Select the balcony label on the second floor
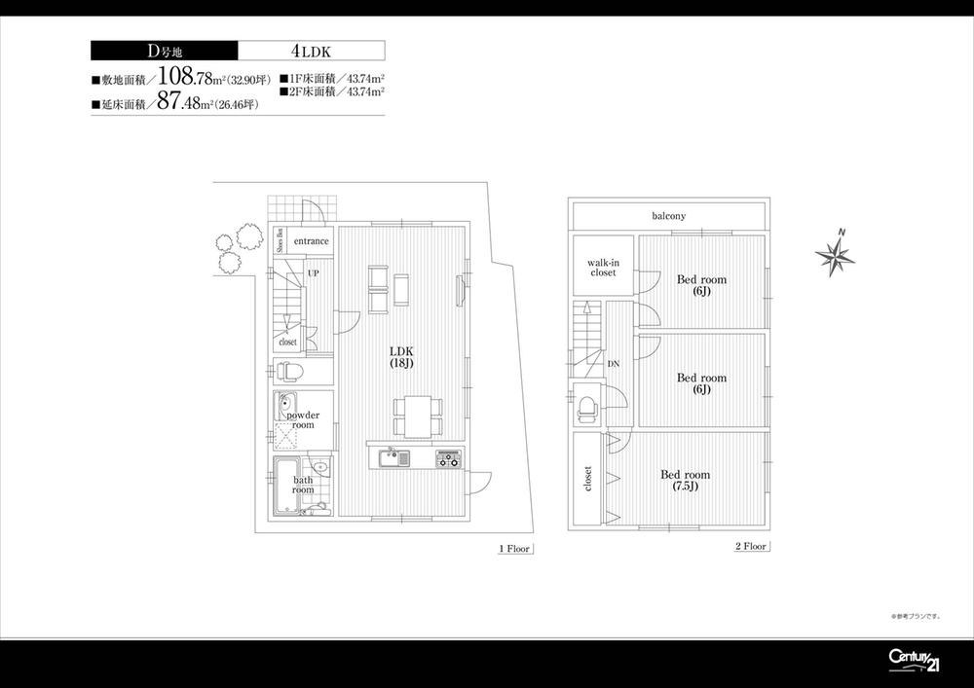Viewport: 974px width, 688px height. (669, 215)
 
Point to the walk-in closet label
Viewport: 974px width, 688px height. (602, 268)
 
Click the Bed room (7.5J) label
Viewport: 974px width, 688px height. (685, 481)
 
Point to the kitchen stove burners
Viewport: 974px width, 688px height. (448, 458)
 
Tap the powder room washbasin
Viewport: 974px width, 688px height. (287, 405)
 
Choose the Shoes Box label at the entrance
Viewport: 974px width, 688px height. (281, 239)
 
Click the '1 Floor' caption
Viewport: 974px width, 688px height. (513, 549)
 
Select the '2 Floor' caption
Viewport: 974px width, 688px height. (751, 547)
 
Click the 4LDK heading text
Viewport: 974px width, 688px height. (311, 51)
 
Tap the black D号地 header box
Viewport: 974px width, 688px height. (164, 51)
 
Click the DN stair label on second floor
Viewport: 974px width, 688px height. (613, 364)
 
